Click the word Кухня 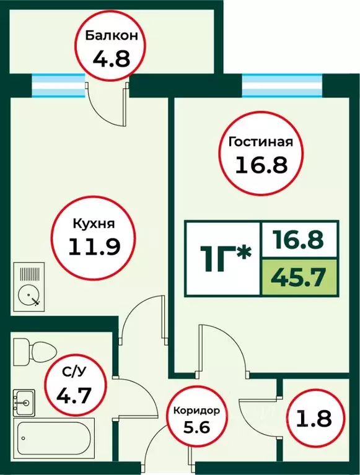(93, 224)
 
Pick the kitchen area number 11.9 (93, 246)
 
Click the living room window (282, 86)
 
